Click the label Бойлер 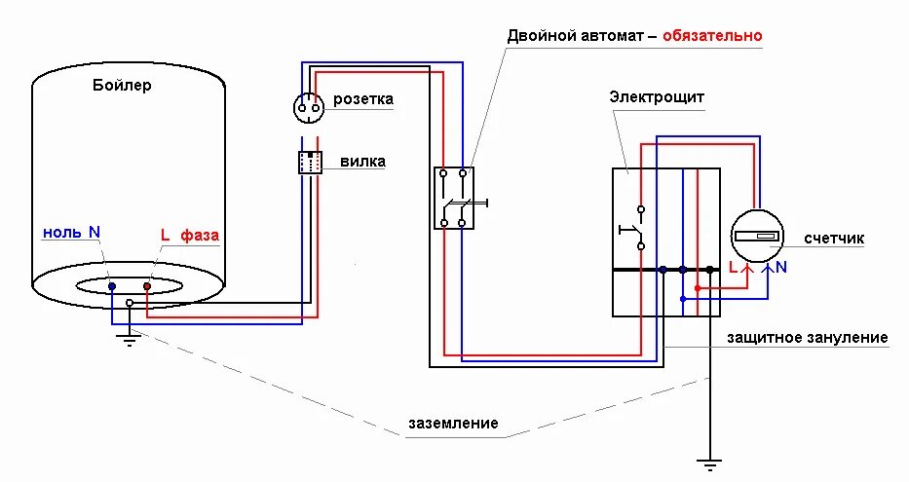click(x=122, y=86)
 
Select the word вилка click(x=362, y=162)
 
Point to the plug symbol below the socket click(x=310, y=163)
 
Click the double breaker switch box click(x=454, y=198)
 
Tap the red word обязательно click(x=712, y=36)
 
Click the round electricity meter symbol click(x=757, y=236)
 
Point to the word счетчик click(x=835, y=239)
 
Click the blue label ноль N click(x=71, y=233)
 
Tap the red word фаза click(x=200, y=236)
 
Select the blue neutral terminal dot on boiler click(x=112, y=287)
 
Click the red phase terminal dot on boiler click(x=147, y=286)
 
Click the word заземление click(x=453, y=424)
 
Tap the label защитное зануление click(x=808, y=338)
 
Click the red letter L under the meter click(x=734, y=266)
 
